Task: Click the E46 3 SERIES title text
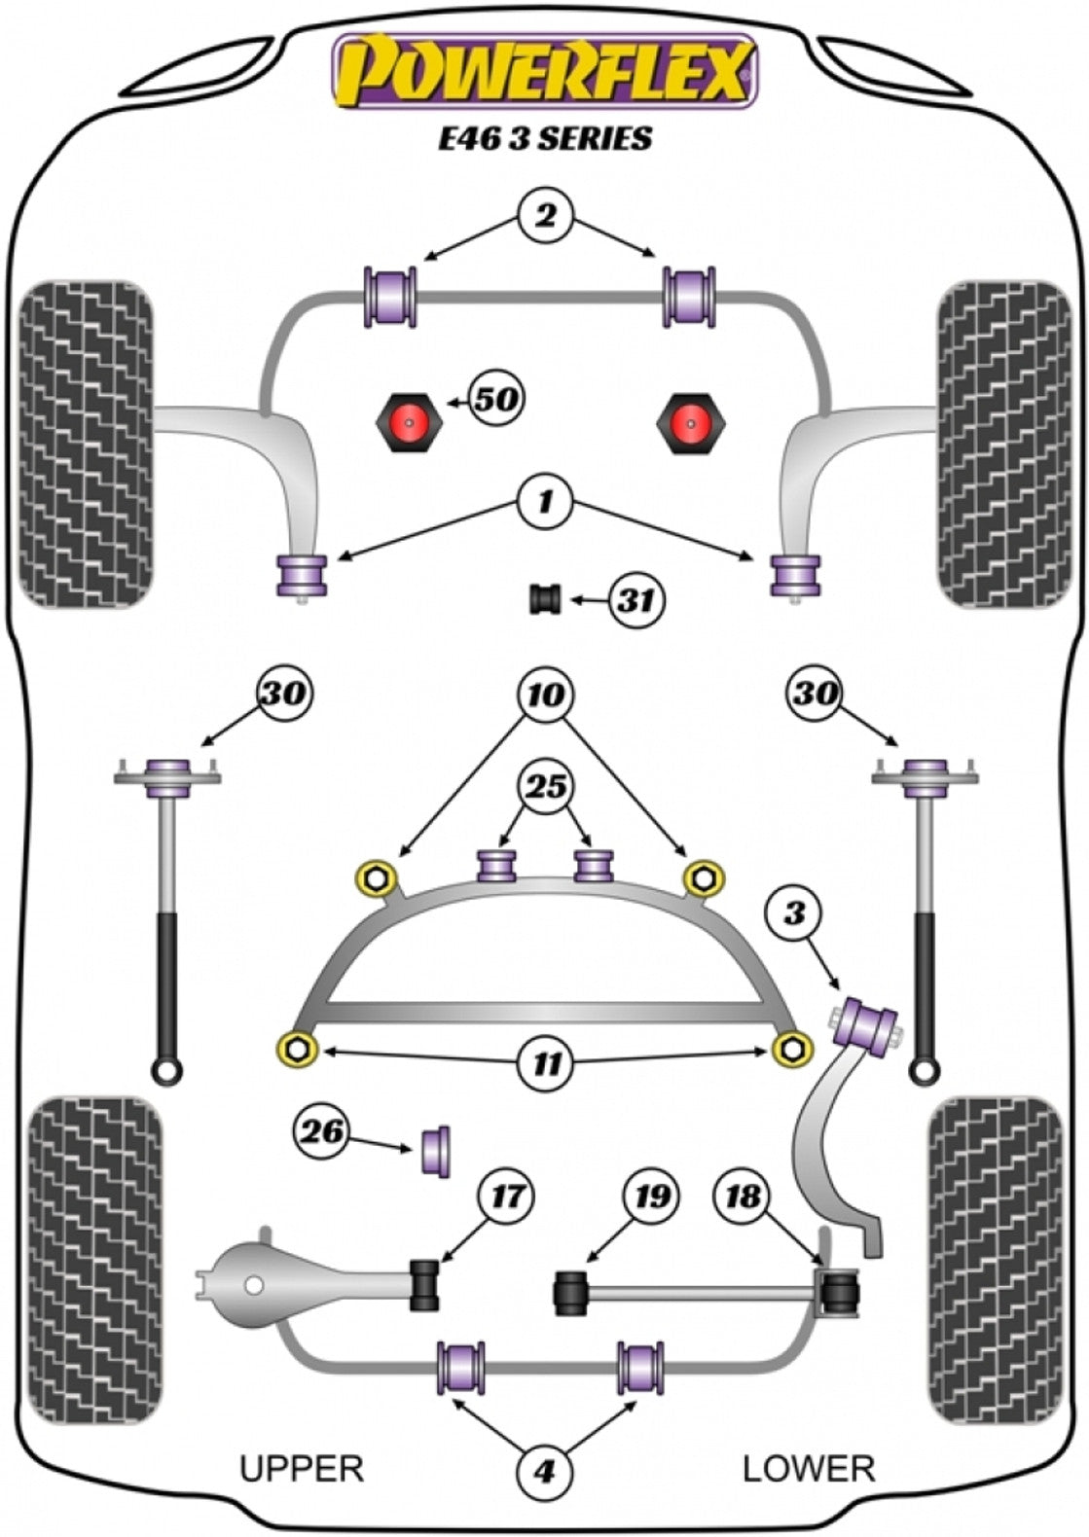545,139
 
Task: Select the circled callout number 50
496,399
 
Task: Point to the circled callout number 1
545,502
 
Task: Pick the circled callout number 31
635,601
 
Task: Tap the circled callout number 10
545,696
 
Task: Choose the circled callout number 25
545,786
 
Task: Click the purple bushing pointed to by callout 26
439,1151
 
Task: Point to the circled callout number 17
506,1196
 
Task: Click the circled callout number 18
743,1196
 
